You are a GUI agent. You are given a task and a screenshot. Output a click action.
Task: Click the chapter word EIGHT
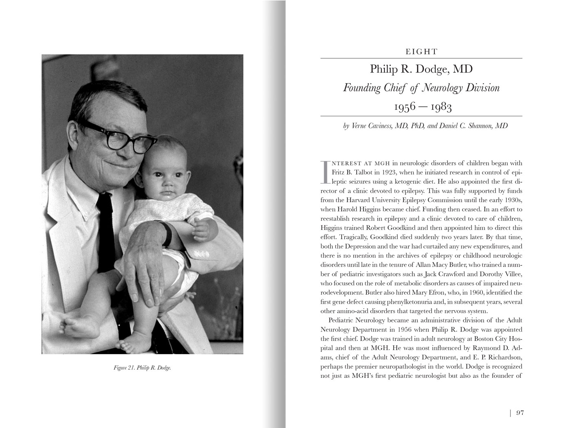pyautogui.click(x=421, y=52)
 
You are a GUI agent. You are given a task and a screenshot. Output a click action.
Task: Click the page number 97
pyautogui.click(x=520, y=413)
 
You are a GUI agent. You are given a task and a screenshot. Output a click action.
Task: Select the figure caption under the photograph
pyautogui.click(x=142, y=368)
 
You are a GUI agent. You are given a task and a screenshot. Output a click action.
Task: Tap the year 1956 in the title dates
pyautogui.click(x=405, y=107)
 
